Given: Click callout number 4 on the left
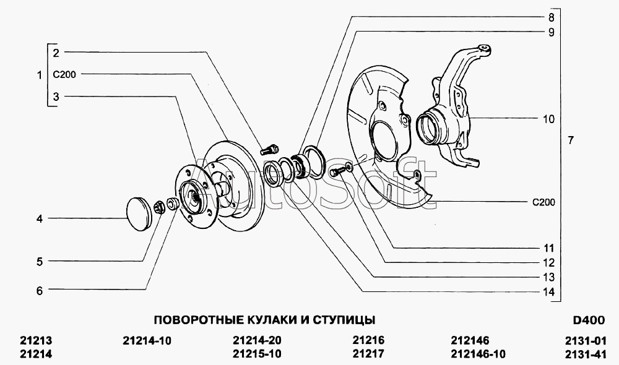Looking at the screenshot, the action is click(x=40, y=218).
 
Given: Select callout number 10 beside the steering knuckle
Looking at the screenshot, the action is click(x=548, y=119).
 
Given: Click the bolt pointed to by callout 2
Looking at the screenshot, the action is click(x=270, y=150).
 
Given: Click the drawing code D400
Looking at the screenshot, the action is click(x=589, y=320).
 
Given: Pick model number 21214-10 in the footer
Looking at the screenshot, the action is click(x=147, y=340).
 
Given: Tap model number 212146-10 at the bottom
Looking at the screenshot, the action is click(x=478, y=354).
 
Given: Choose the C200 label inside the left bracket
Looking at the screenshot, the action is click(x=64, y=74).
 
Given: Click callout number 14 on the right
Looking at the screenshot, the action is click(x=548, y=292).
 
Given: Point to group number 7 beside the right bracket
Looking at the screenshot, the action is click(x=571, y=140).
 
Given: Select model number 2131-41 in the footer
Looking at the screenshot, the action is click(x=586, y=354).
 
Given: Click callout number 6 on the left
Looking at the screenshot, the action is click(x=40, y=291).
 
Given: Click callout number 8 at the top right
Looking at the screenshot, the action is click(x=551, y=17).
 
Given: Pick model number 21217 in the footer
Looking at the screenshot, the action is click(x=368, y=354).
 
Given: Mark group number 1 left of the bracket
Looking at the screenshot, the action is click(x=40, y=75).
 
